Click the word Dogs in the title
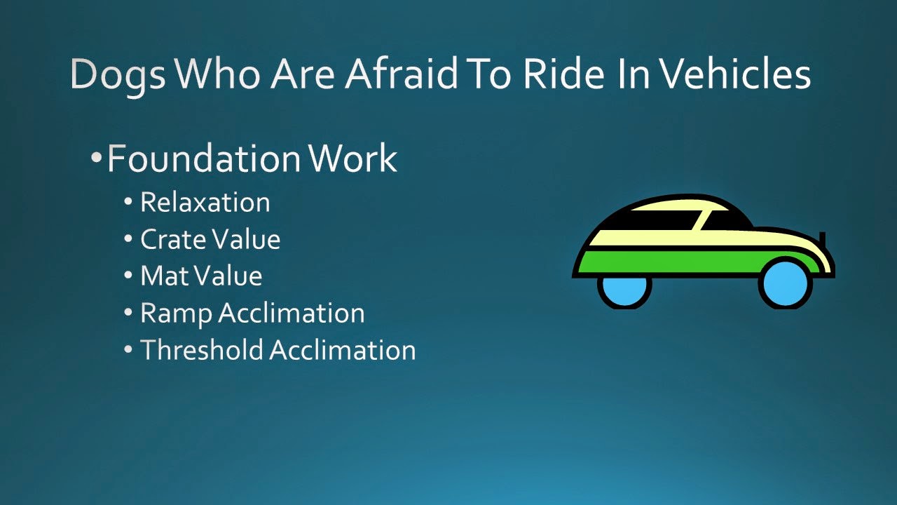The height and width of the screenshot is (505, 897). click(x=118, y=74)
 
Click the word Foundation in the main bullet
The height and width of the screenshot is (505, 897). click(x=205, y=159)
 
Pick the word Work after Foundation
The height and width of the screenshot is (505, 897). click(x=352, y=159)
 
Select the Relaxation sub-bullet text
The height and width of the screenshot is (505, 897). click(x=205, y=203)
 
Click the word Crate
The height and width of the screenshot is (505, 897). click(x=172, y=240)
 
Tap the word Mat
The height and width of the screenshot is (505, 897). click(x=161, y=276)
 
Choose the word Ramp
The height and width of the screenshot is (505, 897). click(x=176, y=314)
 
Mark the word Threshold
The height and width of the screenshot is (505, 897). click(x=202, y=350)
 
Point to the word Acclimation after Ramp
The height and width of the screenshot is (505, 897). click(x=292, y=313)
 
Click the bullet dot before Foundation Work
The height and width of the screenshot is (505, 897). click(x=97, y=158)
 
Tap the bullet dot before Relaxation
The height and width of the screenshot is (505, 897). click(x=128, y=203)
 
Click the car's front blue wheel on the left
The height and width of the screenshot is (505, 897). click(x=624, y=290)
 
